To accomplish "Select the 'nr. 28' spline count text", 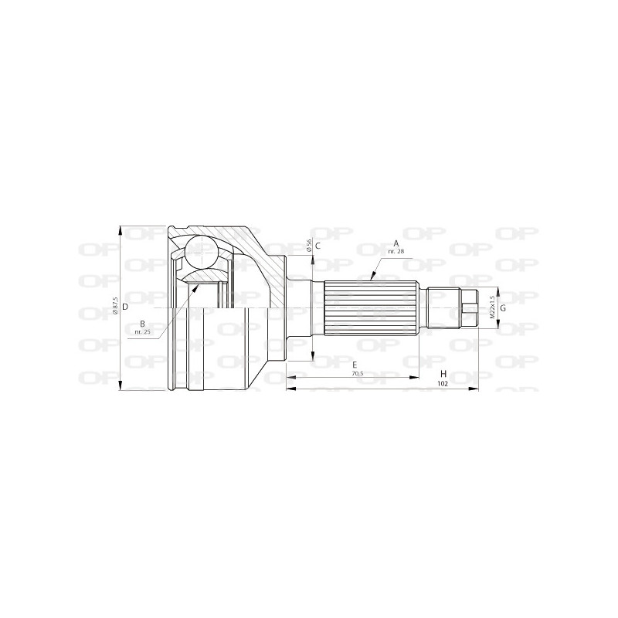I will point(396,252).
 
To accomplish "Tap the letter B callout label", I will point(142,323).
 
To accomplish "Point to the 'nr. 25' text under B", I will point(142,332).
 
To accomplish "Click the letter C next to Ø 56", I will point(317,245).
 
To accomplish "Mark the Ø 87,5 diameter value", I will point(115,306).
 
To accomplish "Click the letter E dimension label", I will point(353,364).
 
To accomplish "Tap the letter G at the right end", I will point(503,308).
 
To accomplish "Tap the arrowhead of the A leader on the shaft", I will point(372,277).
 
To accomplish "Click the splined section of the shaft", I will point(375,308).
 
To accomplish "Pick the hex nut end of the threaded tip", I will point(470,308).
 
